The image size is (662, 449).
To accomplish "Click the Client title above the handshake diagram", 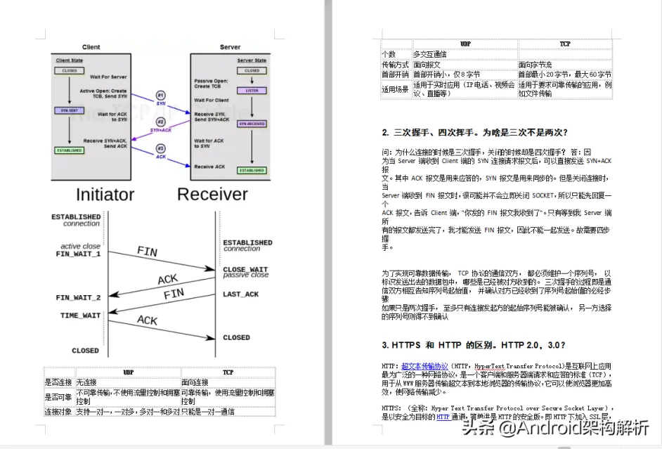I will point(91,47).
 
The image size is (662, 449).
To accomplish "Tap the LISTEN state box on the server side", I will point(251,91).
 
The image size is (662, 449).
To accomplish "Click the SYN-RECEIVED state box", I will point(251,124).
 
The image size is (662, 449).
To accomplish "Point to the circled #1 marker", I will point(160,95).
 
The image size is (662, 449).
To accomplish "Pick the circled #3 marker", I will point(160,149).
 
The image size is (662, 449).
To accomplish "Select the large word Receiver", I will point(212,194).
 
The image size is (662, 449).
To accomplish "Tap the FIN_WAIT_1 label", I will point(78,254).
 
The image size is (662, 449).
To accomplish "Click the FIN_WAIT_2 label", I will point(78,298).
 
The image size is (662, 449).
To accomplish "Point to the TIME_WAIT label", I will point(80,315).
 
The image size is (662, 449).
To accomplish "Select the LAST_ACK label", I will point(241,294).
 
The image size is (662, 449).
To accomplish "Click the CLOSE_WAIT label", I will point(245,269).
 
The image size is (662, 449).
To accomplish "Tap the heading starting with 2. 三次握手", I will point(474,132).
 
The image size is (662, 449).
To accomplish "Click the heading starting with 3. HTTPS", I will point(474,345).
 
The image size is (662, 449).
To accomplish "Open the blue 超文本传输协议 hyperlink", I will point(424,366).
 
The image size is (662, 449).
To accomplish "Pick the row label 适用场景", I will point(394,89).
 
